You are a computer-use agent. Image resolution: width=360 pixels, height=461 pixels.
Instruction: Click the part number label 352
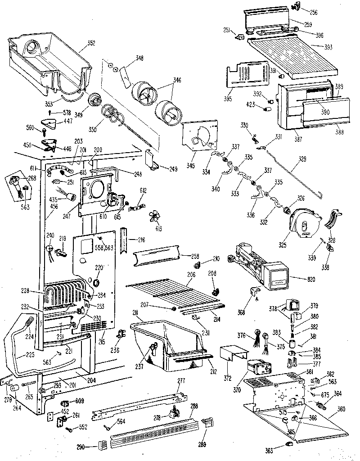click(91, 44)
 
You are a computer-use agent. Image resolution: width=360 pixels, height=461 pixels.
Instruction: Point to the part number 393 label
click(318, 46)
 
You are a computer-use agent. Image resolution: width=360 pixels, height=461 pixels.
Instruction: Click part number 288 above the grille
click(194, 406)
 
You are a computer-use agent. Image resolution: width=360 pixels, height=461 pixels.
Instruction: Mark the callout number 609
click(79, 400)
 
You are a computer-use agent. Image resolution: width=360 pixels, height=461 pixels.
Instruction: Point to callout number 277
click(181, 381)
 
